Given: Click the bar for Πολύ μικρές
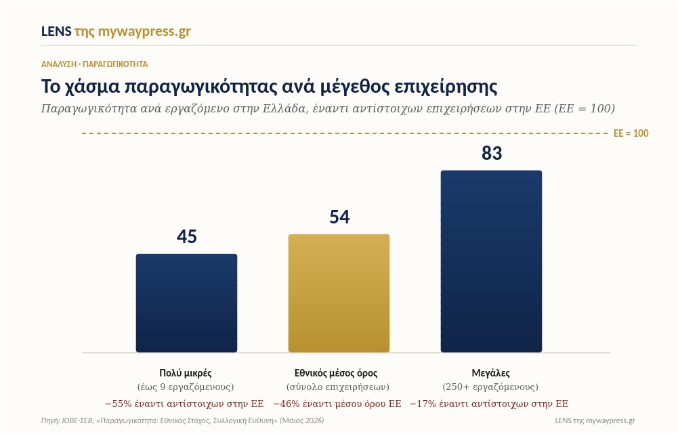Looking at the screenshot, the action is click(186, 303).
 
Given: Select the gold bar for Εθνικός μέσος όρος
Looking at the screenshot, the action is click(339, 293).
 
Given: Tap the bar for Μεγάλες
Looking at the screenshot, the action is click(491, 261).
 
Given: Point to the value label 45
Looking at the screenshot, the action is click(187, 236).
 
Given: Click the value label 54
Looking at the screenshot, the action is click(339, 217).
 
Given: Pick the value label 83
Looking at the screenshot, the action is click(492, 153).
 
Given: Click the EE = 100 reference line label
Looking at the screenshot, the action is click(631, 133).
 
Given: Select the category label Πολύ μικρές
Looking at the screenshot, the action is click(186, 372).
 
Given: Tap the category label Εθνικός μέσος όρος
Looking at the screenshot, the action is click(336, 372).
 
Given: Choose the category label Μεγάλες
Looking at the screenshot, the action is click(491, 372).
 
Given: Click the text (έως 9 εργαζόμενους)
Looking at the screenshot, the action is click(186, 387).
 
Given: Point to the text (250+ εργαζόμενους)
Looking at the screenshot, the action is click(490, 387).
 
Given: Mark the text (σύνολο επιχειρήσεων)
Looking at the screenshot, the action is click(338, 387).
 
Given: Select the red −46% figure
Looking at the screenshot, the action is click(287, 404).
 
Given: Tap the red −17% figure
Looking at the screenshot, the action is click(423, 404).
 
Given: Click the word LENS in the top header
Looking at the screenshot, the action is click(56, 31).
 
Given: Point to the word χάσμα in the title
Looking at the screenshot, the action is click(91, 87).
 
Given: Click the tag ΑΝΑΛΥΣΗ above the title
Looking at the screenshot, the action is click(59, 64).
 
